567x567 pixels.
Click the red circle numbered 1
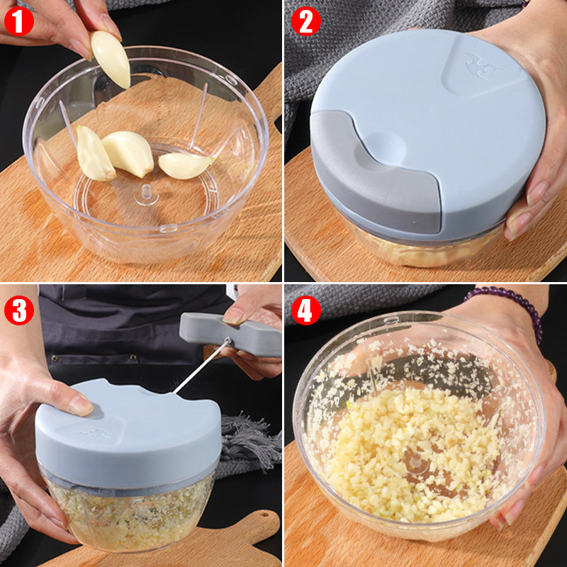[x=19, y=21]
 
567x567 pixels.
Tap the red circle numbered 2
[x=306, y=21]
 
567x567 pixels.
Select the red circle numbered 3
[x=19, y=310]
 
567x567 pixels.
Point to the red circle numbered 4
[x=306, y=310]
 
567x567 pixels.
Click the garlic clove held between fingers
[x=111, y=59]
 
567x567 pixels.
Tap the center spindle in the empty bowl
[x=147, y=193]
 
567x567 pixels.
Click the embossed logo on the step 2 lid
[x=482, y=65]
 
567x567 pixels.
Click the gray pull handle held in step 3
[x=230, y=335]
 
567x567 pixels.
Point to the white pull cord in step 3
[x=201, y=366]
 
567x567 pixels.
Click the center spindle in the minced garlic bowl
[x=415, y=462]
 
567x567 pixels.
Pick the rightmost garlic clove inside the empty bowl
[x=185, y=165]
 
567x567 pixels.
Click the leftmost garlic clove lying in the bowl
[x=94, y=154]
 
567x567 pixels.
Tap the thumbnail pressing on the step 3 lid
[x=81, y=405]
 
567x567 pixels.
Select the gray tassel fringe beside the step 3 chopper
[x=249, y=443]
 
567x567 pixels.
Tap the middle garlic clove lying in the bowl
[x=129, y=153]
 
